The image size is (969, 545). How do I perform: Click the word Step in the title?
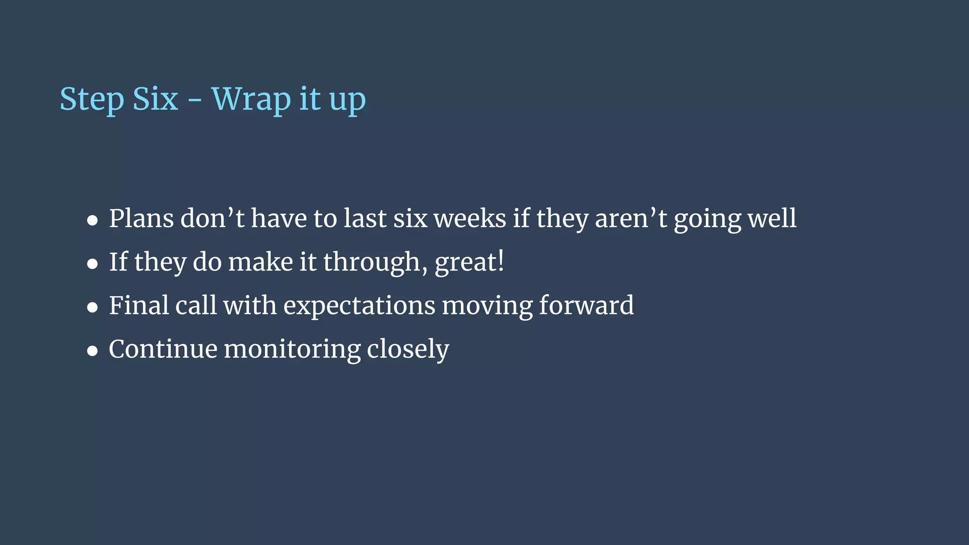tap(91, 100)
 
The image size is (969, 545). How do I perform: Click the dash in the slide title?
tap(194, 101)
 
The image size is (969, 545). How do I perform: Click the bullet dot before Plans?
tap(92, 220)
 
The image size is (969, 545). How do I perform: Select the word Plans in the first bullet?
tap(141, 219)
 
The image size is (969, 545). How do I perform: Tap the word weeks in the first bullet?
tap(470, 219)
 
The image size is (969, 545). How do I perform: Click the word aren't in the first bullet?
tap(631, 219)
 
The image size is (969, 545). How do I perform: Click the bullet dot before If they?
tap(92, 264)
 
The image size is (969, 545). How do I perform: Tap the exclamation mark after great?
tap(501, 261)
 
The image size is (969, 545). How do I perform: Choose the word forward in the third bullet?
tap(586, 305)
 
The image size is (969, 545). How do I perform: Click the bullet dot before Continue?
tap(92, 351)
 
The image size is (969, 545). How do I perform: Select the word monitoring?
tap(292, 350)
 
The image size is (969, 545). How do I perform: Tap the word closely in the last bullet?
tap(408, 350)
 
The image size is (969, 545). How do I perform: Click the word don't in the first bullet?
tap(212, 219)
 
